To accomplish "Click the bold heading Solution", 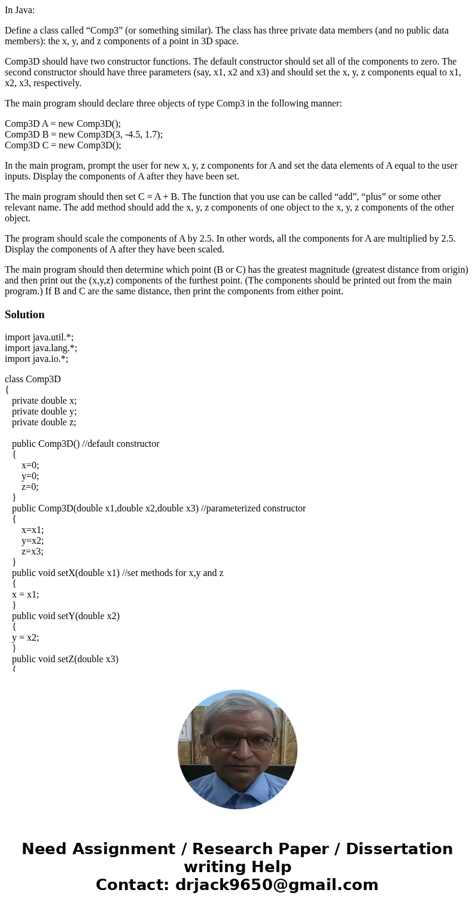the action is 25,315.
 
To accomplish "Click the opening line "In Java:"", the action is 20,10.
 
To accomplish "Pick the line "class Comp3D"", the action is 33,379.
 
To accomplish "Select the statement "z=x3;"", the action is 32,552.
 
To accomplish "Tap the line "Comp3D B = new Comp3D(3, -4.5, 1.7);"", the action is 84,135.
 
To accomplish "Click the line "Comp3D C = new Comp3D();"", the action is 63,145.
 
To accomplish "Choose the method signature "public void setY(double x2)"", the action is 66,616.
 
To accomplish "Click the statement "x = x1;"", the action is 25,595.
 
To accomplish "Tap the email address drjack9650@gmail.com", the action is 276,885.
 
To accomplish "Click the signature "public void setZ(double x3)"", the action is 65,659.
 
